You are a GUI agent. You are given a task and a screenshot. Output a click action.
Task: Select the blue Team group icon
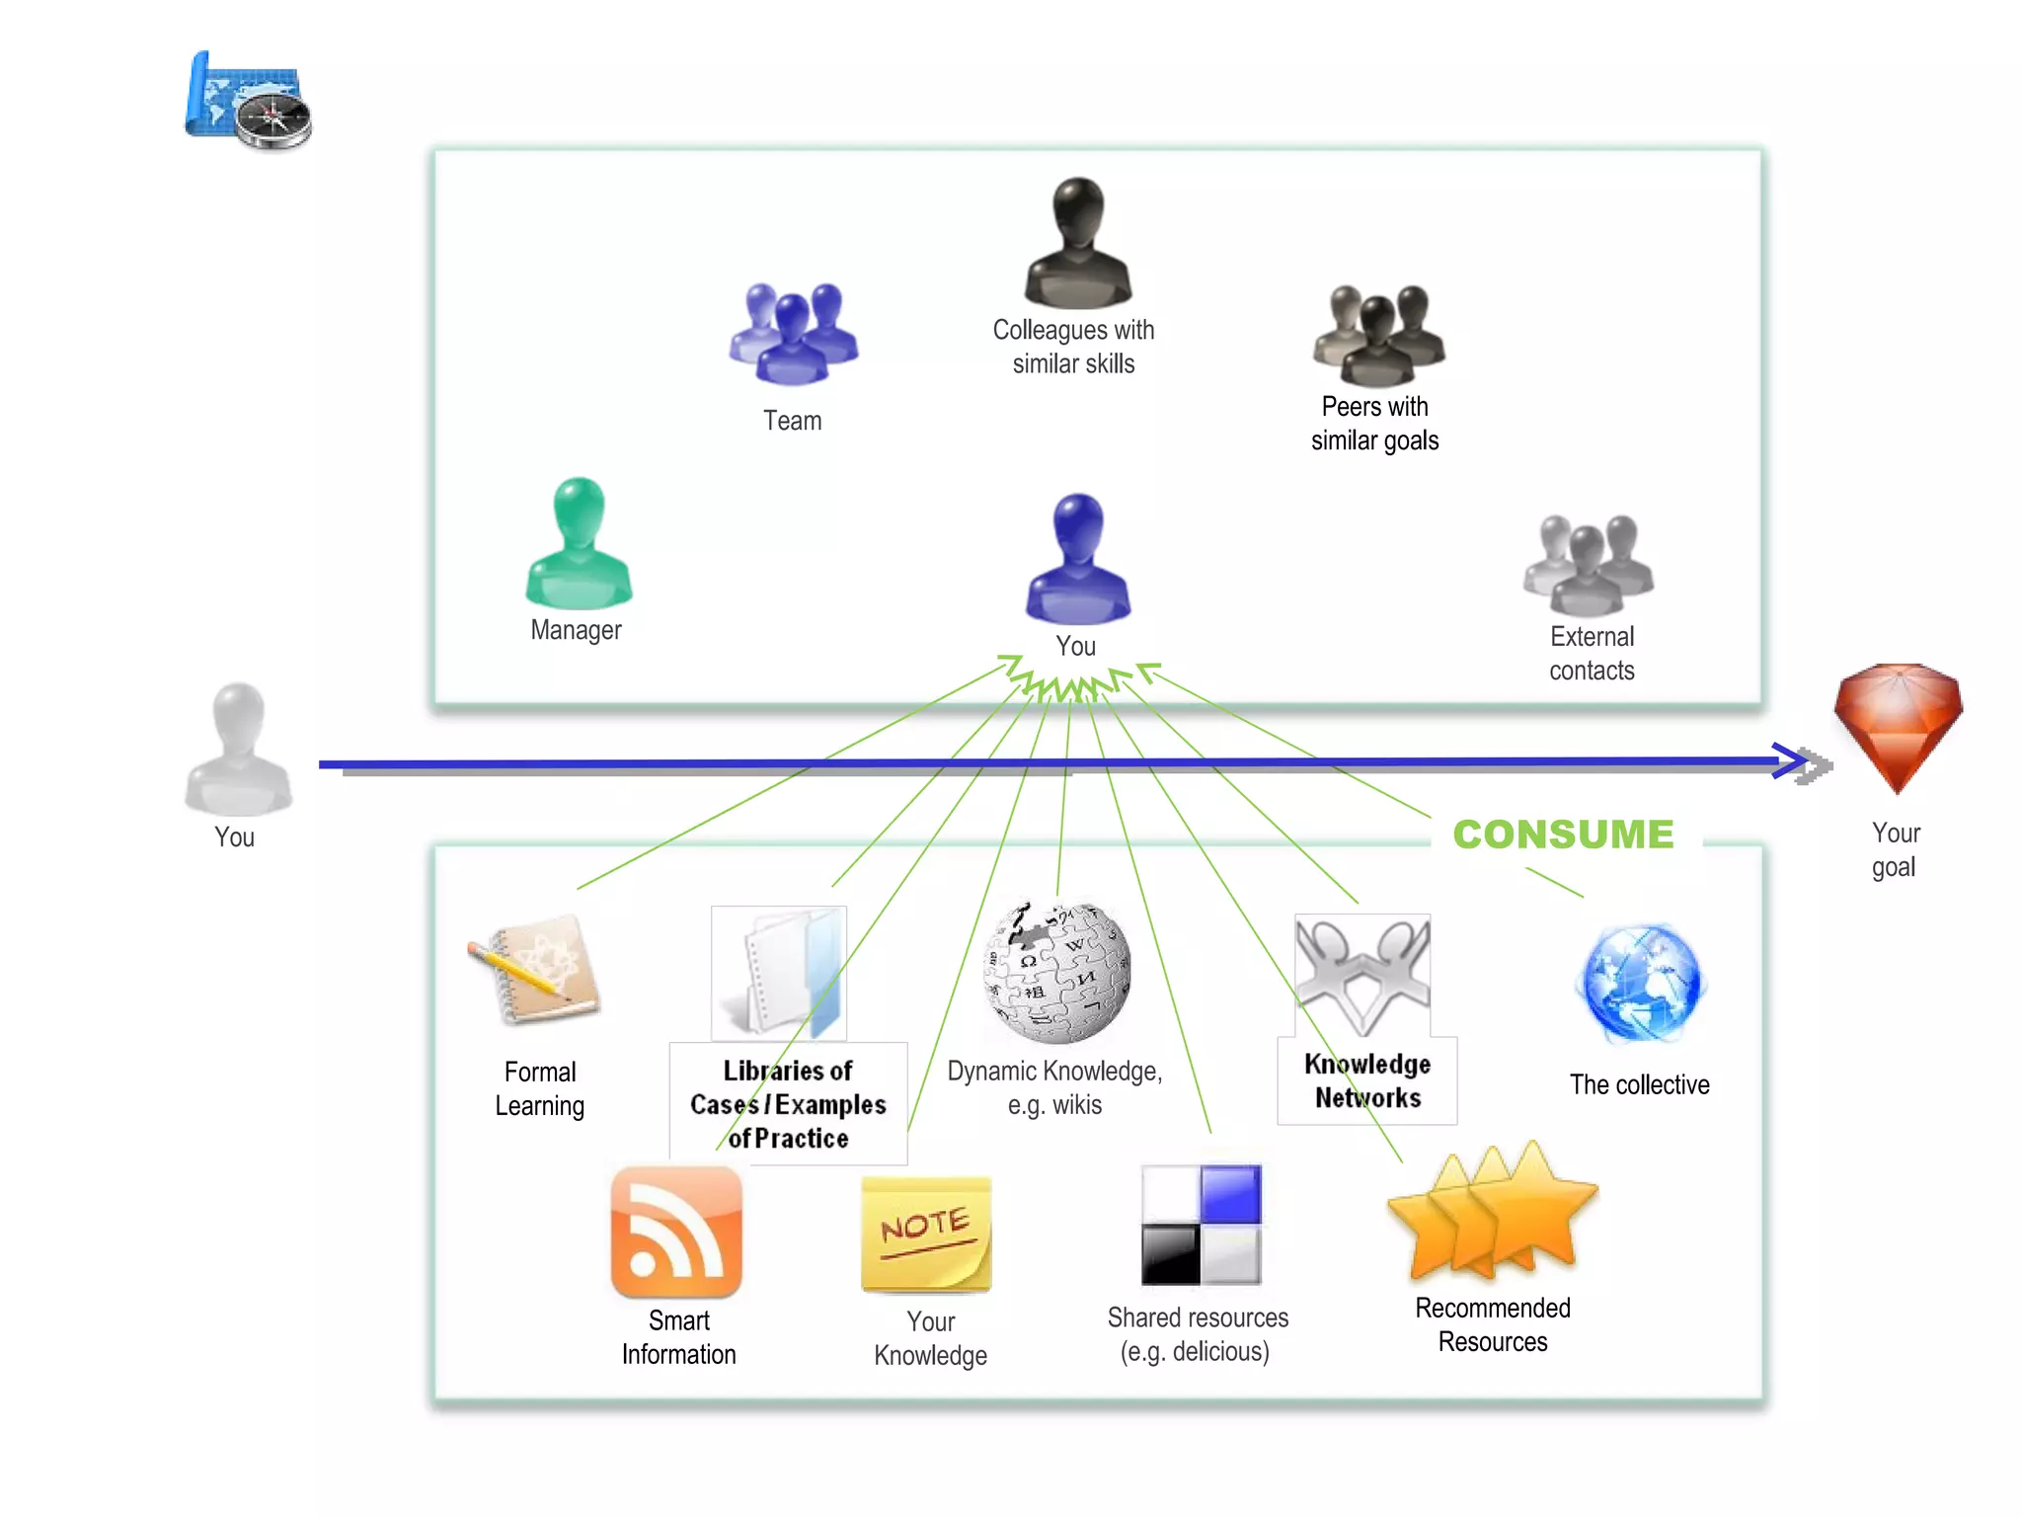click(794, 334)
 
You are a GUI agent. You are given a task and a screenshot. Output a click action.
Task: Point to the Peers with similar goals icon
click(1378, 336)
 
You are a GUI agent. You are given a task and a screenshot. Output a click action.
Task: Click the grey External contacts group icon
click(1589, 566)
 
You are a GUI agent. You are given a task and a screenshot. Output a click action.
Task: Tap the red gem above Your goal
click(1898, 726)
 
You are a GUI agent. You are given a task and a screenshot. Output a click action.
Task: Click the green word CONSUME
click(1563, 835)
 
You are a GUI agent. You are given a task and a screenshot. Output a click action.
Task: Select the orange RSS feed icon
click(676, 1232)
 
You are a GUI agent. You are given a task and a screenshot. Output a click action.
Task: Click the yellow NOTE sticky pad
click(926, 1235)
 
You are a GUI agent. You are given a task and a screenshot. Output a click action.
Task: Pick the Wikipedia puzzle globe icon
click(1056, 972)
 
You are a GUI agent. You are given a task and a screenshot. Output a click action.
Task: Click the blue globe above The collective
click(1641, 984)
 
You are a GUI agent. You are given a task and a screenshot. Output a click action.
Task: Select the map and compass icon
click(249, 102)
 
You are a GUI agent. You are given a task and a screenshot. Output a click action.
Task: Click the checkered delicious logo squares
click(1201, 1225)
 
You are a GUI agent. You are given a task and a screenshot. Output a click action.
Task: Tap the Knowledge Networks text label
click(1367, 1080)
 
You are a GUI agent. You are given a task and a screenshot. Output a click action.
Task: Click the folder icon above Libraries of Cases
click(779, 973)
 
